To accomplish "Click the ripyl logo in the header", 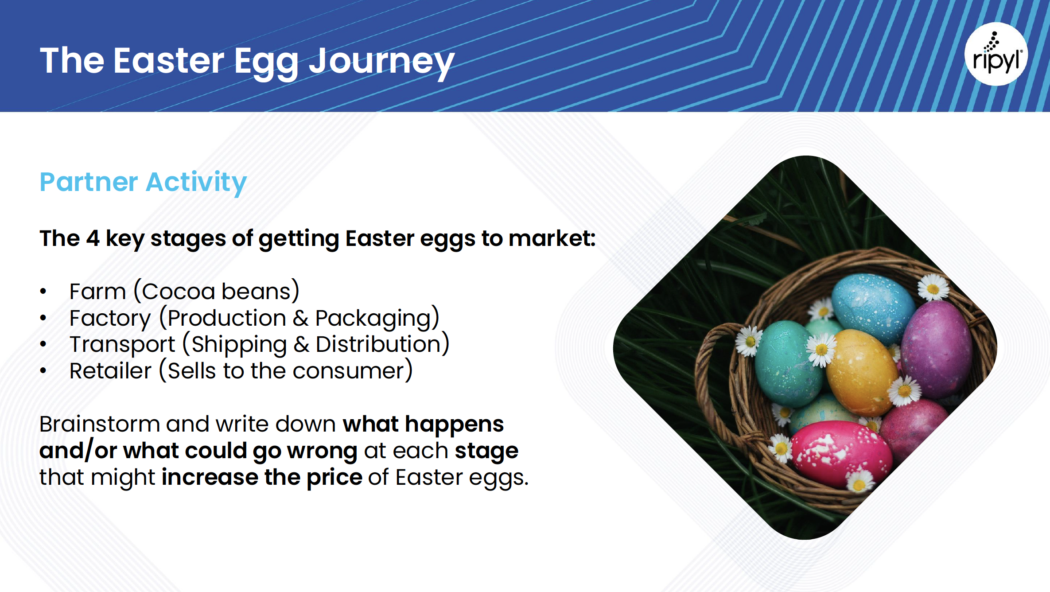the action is pos(996,54).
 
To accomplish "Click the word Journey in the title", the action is pos(381,62).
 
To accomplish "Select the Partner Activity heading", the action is pos(143,182).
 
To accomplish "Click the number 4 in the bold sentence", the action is pos(93,238).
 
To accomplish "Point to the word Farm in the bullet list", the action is pos(98,292).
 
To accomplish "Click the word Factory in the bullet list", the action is pos(110,319).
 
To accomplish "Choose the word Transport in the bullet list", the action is pos(123,345).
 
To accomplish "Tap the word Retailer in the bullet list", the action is pos(111,371).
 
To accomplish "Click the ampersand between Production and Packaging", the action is pos(300,318).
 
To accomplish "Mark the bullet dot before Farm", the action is pos(43,291).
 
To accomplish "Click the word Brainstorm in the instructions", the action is pos(100,424).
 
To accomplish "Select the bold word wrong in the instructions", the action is pos(322,452).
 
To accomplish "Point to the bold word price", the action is pos(334,478).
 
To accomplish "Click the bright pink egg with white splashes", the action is pos(841,454).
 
